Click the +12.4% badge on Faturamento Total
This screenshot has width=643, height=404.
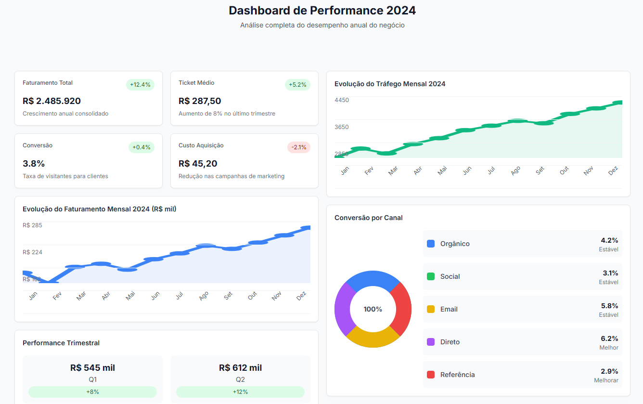click(x=140, y=85)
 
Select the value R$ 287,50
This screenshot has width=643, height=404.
click(x=200, y=101)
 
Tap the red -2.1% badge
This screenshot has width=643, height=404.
click(x=299, y=147)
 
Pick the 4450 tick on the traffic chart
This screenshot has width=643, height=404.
click(x=342, y=100)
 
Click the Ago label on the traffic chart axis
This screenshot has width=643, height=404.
click(x=515, y=170)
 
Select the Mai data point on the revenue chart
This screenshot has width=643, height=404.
click(x=128, y=269)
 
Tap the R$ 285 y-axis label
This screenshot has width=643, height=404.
click(x=32, y=225)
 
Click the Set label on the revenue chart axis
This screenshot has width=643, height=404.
click(x=228, y=296)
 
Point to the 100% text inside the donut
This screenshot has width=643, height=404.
click(x=373, y=309)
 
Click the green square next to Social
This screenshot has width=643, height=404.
click(x=431, y=276)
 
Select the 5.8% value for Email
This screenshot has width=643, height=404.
click(x=609, y=306)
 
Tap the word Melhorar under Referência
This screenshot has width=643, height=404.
click(x=606, y=380)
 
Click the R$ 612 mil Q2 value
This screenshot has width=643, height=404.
click(x=240, y=368)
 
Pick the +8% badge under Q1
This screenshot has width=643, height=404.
click(x=92, y=392)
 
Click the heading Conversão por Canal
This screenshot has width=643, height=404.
click(x=368, y=218)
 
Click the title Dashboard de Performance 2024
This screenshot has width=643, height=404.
click(x=322, y=11)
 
